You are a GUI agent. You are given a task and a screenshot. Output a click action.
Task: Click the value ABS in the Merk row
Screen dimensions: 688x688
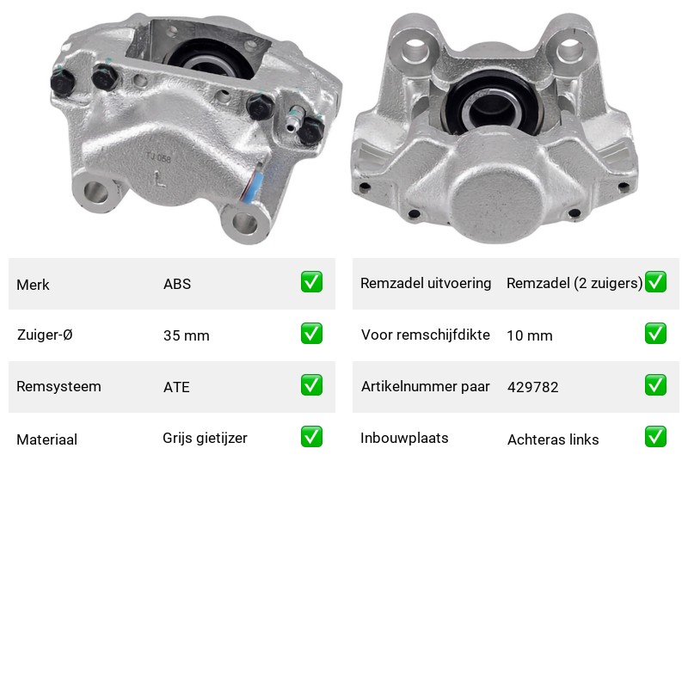tap(177, 284)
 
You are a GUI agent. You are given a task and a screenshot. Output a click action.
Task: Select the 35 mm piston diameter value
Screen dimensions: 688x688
tap(186, 335)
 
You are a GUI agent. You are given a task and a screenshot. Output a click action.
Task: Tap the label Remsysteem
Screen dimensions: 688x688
tap(58, 386)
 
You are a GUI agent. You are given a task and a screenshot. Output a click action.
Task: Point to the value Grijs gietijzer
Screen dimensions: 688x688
tap(205, 439)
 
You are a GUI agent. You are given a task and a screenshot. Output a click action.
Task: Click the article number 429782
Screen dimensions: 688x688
tap(532, 387)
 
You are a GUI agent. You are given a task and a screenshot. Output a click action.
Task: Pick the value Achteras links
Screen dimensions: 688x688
tap(553, 439)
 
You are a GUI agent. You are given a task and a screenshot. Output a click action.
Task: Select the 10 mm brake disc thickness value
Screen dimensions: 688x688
tap(530, 335)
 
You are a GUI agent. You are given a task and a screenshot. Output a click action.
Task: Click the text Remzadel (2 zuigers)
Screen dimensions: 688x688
tap(574, 284)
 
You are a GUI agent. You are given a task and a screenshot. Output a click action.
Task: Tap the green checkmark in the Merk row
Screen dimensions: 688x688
tap(311, 282)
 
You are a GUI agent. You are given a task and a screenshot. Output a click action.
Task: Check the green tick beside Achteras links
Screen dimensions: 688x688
tap(655, 437)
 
